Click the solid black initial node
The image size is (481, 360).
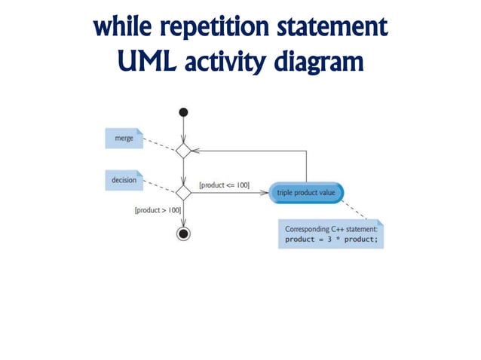(183, 113)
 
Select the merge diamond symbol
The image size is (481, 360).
(183, 150)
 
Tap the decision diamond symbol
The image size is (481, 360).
(183, 193)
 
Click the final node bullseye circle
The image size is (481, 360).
(183, 233)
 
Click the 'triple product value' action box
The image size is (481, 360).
(307, 193)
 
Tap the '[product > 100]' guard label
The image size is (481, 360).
(158, 210)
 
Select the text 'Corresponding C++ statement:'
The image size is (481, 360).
(329, 228)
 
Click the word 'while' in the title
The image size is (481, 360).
(119, 29)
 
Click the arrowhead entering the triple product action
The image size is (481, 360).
(265, 193)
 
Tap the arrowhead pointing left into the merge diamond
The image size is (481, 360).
(195, 150)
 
